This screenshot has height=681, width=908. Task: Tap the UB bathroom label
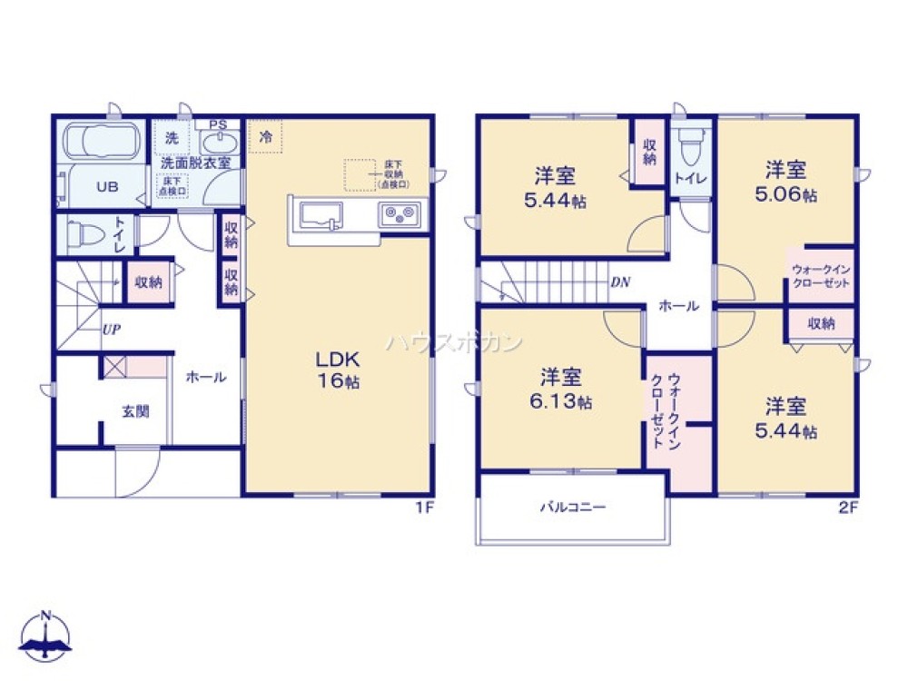107,187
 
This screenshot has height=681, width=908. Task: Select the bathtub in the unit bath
100,142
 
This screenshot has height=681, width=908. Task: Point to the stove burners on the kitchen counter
399,216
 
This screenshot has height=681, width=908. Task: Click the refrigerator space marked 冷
266,138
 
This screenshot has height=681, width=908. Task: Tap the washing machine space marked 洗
172,139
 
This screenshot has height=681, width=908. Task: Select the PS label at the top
218,124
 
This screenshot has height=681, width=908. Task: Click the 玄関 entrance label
135,411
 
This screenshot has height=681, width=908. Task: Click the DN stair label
620,281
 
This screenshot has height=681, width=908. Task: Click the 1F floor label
423,508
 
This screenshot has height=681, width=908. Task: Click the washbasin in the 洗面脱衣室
216,143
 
